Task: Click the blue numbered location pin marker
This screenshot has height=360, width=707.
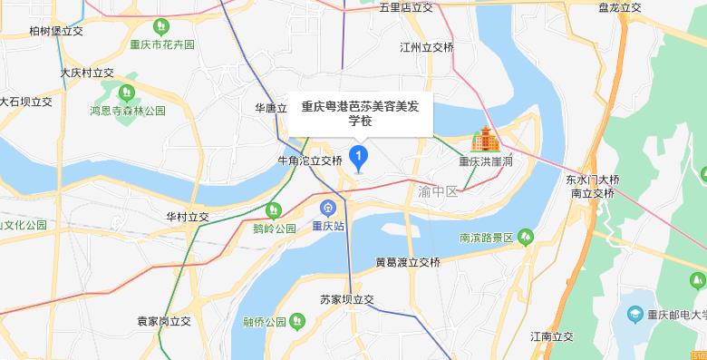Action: [358, 159]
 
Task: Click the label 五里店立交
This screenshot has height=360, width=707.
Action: [407, 8]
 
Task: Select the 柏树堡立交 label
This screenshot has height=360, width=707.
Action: [56, 31]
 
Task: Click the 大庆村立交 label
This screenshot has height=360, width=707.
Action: [87, 73]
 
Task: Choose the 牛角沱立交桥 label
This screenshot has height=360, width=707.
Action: [310, 161]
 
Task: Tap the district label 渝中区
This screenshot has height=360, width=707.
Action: [438, 192]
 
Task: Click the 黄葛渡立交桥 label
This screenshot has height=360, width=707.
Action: [408, 262]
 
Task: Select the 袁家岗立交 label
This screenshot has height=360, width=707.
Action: [164, 321]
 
